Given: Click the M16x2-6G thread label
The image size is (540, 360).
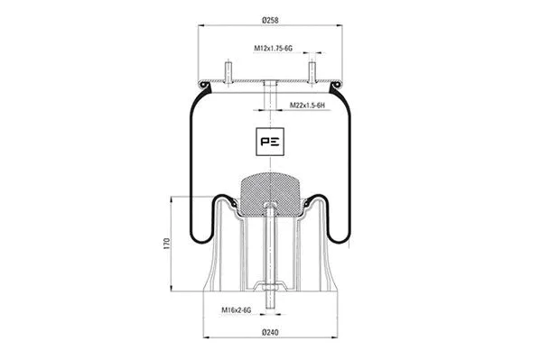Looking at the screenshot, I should coord(237,311).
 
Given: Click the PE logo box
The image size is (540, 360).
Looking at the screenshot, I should coord(269,141).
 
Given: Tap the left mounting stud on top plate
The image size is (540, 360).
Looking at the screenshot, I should coord(228,72).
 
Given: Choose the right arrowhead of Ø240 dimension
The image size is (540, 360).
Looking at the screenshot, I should coord(335,338).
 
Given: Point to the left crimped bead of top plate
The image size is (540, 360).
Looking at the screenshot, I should coord(204,87).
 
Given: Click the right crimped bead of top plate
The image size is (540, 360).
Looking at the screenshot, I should coord(336,87).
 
